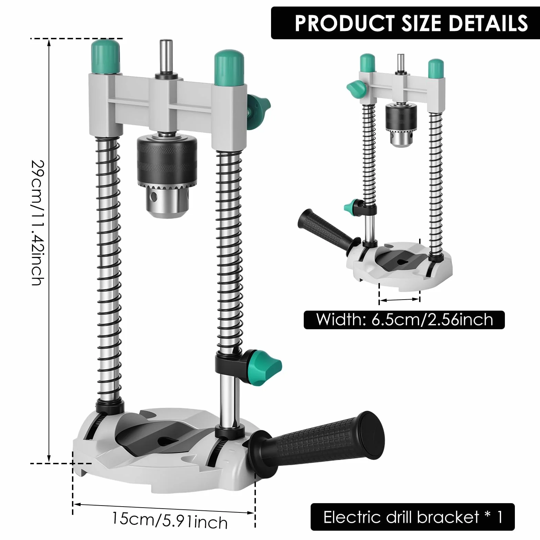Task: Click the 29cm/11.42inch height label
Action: (38, 222)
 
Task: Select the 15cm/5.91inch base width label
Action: (170, 520)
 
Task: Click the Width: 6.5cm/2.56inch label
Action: (404, 320)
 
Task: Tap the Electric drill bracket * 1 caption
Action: (413, 517)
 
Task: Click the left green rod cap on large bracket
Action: (105, 56)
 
